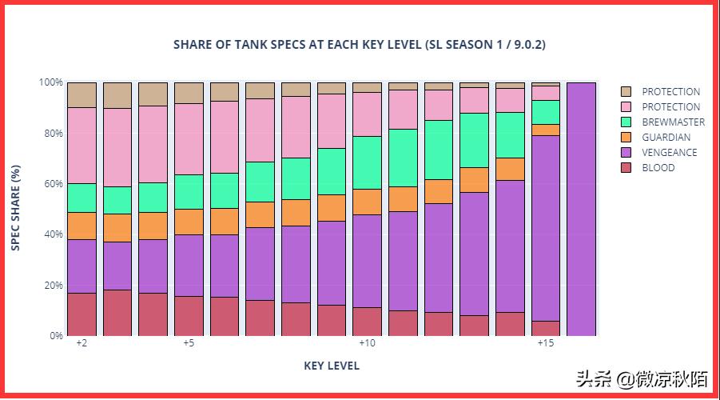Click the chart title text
(360, 44)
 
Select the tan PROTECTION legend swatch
(627, 92)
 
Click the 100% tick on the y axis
(50, 82)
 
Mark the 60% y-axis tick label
(52, 184)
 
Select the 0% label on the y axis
(54, 336)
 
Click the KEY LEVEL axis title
(332, 366)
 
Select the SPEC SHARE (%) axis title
(16, 208)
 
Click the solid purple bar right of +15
(581, 208)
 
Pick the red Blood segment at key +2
(82, 314)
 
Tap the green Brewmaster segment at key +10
(367, 162)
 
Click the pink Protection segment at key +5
(189, 139)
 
